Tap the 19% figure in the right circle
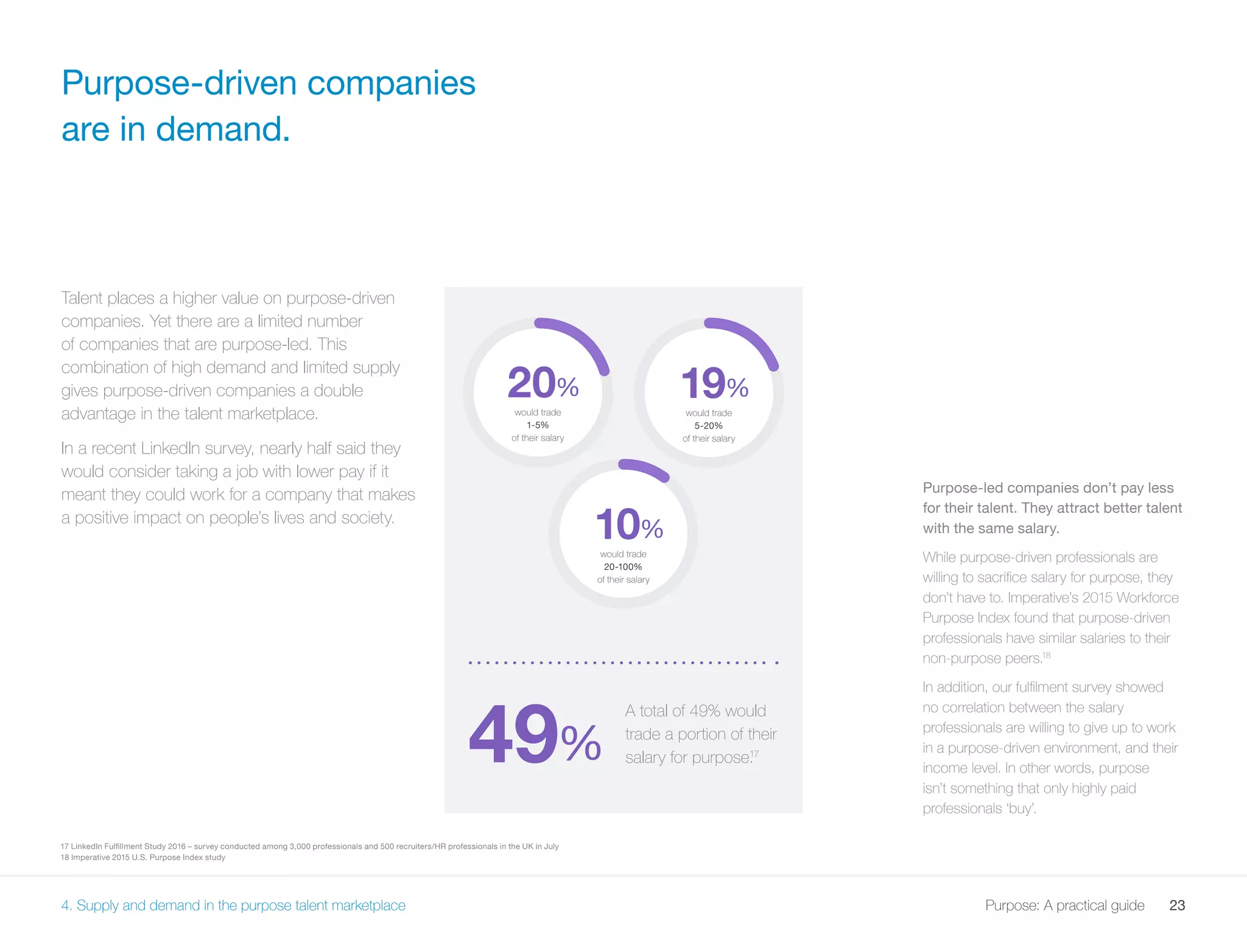coord(714,383)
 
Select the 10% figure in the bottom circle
coord(629,525)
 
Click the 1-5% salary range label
coord(538,425)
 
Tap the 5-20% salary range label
coord(709,426)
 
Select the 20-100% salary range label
coord(623,567)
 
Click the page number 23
coord(1177,906)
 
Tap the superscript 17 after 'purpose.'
coord(755,754)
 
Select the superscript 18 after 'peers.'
coord(1046,655)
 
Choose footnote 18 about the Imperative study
coord(143,857)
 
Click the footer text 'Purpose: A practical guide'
coord(1064,906)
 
